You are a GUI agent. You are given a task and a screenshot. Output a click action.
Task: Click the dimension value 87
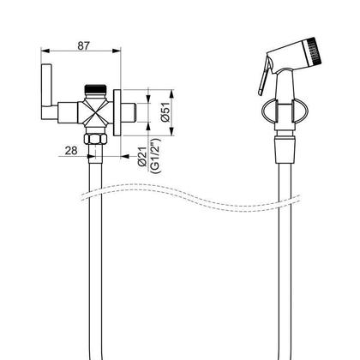tap(83, 46)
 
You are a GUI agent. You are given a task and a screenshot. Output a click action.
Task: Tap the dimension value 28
tap(71, 151)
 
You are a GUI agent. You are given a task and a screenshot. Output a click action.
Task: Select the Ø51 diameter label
tap(165, 113)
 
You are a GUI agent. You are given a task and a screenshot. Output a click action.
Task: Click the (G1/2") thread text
tap(155, 155)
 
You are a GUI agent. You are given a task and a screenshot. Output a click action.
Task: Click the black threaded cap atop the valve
tap(96, 87)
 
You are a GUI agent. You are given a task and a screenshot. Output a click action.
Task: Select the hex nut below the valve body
tap(95, 139)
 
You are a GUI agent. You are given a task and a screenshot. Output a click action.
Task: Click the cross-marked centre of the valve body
tap(95, 112)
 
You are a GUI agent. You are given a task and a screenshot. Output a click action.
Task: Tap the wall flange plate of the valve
tap(117, 112)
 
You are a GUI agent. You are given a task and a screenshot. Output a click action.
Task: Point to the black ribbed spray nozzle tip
tap(315, 51)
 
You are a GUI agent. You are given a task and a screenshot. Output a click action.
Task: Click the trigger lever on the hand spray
tap(264, 75)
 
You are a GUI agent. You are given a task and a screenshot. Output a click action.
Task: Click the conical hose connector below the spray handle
tap(285, 150)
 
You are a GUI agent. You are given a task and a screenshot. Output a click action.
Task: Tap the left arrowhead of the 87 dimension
tap(45, 51)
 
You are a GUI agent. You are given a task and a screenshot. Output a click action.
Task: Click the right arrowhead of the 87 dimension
tap(117, 51)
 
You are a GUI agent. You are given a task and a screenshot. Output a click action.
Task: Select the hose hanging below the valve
tap(95, 257)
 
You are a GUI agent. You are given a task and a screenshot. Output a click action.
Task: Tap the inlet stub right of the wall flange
tap(129, 112)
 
